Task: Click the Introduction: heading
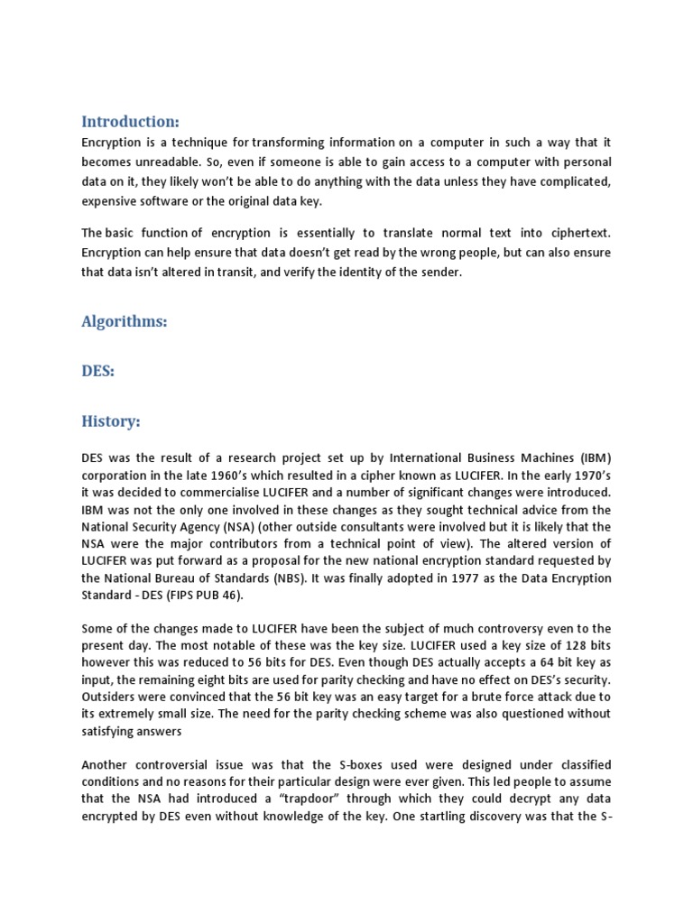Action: click(130, 121)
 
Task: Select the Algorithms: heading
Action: click(125, 321)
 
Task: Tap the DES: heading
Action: click(98, 371)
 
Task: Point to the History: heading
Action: click(111, 421)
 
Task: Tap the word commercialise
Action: click(218, 492)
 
